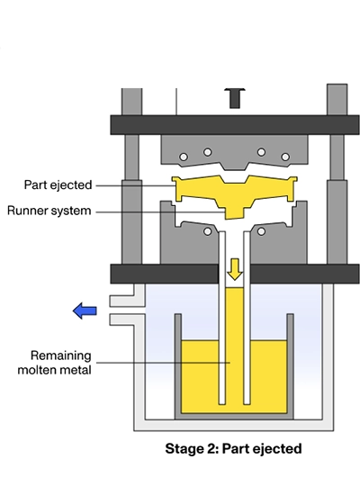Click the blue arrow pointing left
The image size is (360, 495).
[x=85, y=311]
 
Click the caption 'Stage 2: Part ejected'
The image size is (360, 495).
[x=233, y=447]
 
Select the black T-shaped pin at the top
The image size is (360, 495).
[x=235, y=96]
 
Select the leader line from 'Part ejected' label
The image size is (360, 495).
[x=135, y=185]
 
